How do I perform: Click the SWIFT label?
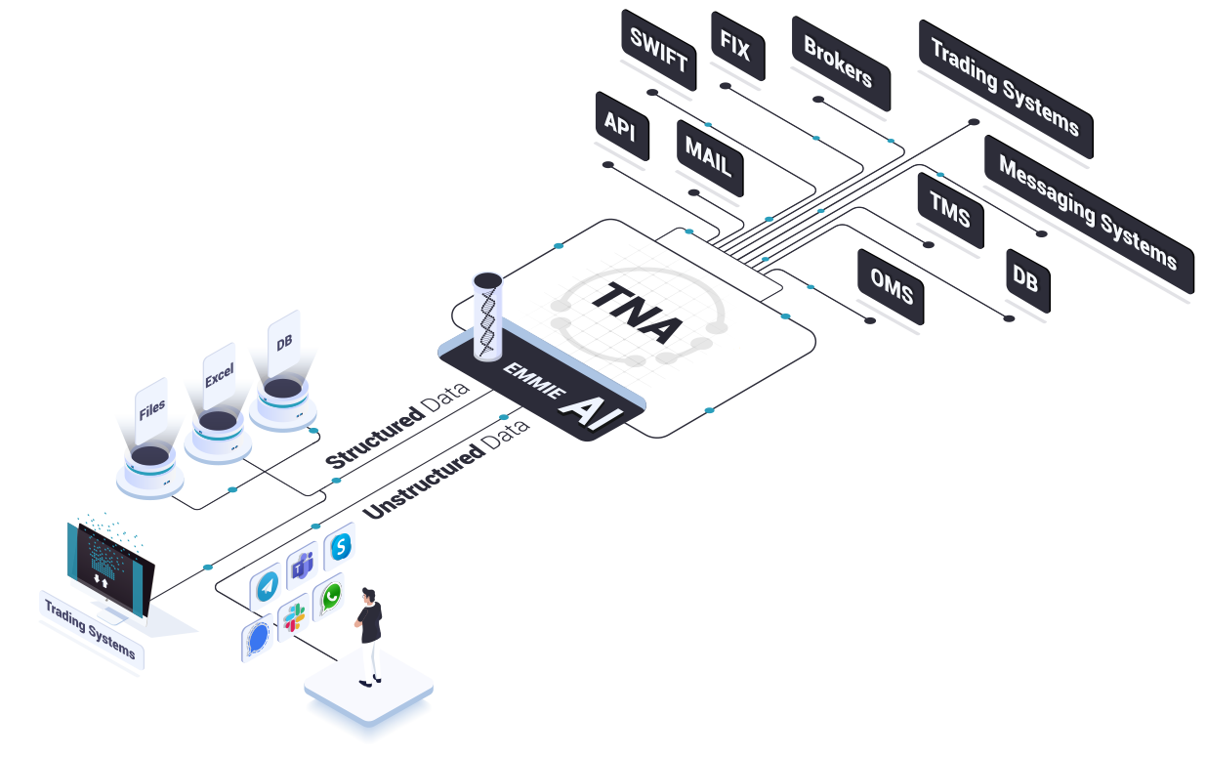tap(658, 54)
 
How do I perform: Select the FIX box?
tap(735, 46)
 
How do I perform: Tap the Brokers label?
tap(839, 61)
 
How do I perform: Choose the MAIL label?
tap(708, 157)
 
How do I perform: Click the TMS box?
tap(949, 210)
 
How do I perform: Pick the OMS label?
tap(890, 284)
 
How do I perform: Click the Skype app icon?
tap(340, 548)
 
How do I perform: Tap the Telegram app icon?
tap(266, 585)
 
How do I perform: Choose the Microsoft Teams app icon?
tap(302, 566)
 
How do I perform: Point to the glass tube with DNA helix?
tap(487, 315)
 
